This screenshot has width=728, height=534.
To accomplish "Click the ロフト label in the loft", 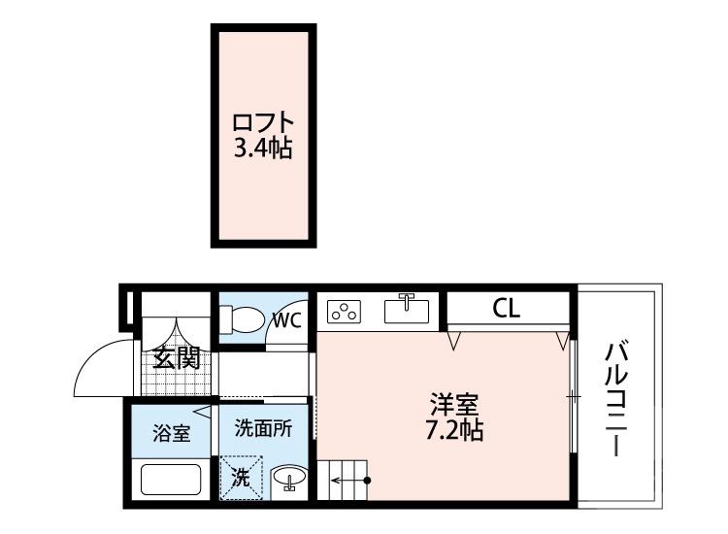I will click(x=262, y=124).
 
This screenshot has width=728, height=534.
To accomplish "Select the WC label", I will click(x=285, y=319).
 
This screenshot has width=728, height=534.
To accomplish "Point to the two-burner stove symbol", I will click(x=345, y=312).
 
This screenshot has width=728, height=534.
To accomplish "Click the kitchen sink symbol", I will click(x=408, y=310).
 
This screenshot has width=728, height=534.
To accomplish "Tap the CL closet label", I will click(x=506, y=310).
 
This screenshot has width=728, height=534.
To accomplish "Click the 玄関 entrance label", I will click(x=177, y=357).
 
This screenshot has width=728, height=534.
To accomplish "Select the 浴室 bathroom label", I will click(x=173, y=433).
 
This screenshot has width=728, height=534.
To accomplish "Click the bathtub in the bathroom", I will click(x=171, y=480).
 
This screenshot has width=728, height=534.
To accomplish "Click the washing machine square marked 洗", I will click(x=240, y=478).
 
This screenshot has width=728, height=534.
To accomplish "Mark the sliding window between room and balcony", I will click(x=574, y=396).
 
